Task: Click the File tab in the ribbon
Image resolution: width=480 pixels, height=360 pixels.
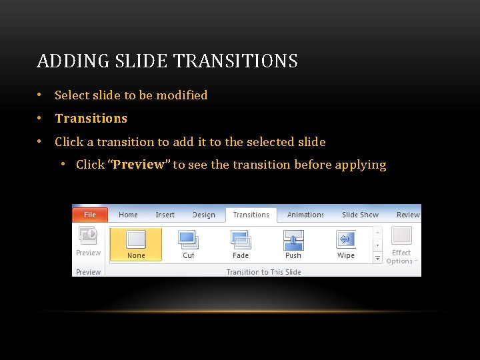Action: (x=90, y=215)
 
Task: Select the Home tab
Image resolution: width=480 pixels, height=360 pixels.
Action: (x=128, y=215)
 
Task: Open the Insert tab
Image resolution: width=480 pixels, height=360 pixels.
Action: (x=165, y=215)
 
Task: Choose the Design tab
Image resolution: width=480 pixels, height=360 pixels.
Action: (x=203, y=215)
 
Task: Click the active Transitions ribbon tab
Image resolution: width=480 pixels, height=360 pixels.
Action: (x=251, y=215)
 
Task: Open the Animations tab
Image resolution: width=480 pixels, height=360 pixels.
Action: (x=305, y=215)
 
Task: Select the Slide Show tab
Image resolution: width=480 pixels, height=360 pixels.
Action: (x=360, y=215)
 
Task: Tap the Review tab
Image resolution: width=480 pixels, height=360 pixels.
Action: (x=408, y=215)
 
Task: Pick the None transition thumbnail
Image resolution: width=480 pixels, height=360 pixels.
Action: (x=136, y=239)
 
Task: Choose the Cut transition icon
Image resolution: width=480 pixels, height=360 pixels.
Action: (x=189, y=239)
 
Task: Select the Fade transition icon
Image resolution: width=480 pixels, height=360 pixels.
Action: (x=241, y=239)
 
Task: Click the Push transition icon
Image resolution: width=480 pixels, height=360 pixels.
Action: (x=293, y=239)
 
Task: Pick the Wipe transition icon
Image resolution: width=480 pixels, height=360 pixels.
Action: (x=346, y=239)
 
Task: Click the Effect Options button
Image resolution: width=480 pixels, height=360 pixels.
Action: (x=401, y=245)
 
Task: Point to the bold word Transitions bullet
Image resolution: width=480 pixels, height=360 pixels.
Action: (x=91, y=118)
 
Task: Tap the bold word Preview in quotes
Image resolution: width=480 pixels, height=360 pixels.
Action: (x=139, y=165)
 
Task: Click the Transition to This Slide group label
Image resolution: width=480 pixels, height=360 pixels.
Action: (x=263, y=272)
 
